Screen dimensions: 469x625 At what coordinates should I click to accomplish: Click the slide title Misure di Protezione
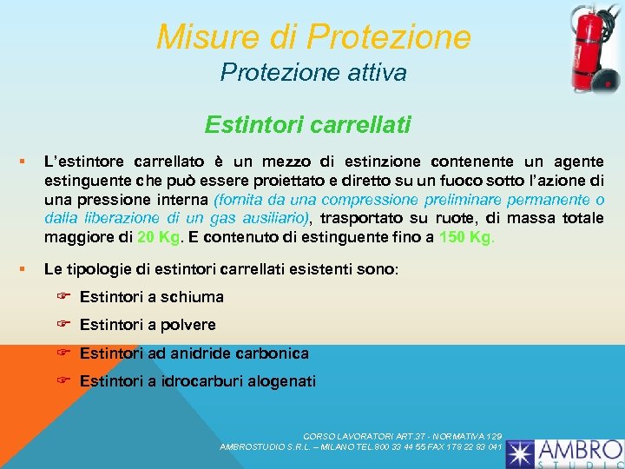[x=313, y=36]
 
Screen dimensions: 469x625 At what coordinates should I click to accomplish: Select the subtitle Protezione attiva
[x=312, y=72]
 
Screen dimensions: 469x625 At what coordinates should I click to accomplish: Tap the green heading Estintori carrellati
[x=307, y=126]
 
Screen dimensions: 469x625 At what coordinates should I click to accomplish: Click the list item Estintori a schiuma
[x=151, y=297]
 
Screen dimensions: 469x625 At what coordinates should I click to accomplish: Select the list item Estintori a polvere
[x=148, y=325]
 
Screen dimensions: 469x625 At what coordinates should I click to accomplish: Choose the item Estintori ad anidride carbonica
[x=194, y=353]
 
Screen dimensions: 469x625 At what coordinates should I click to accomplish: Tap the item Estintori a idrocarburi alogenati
[x=198, y=381]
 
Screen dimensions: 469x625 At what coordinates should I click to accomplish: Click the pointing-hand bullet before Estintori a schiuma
[x=63, y=296]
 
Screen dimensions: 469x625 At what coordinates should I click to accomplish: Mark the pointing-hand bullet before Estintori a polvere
[x=63, y=324]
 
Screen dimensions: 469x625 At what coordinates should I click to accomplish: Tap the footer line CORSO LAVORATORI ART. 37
[x=402, y=435]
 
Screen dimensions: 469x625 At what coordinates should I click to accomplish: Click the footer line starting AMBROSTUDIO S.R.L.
[x=361, y=446]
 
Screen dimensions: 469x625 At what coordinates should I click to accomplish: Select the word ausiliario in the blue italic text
[x=271, y=217]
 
